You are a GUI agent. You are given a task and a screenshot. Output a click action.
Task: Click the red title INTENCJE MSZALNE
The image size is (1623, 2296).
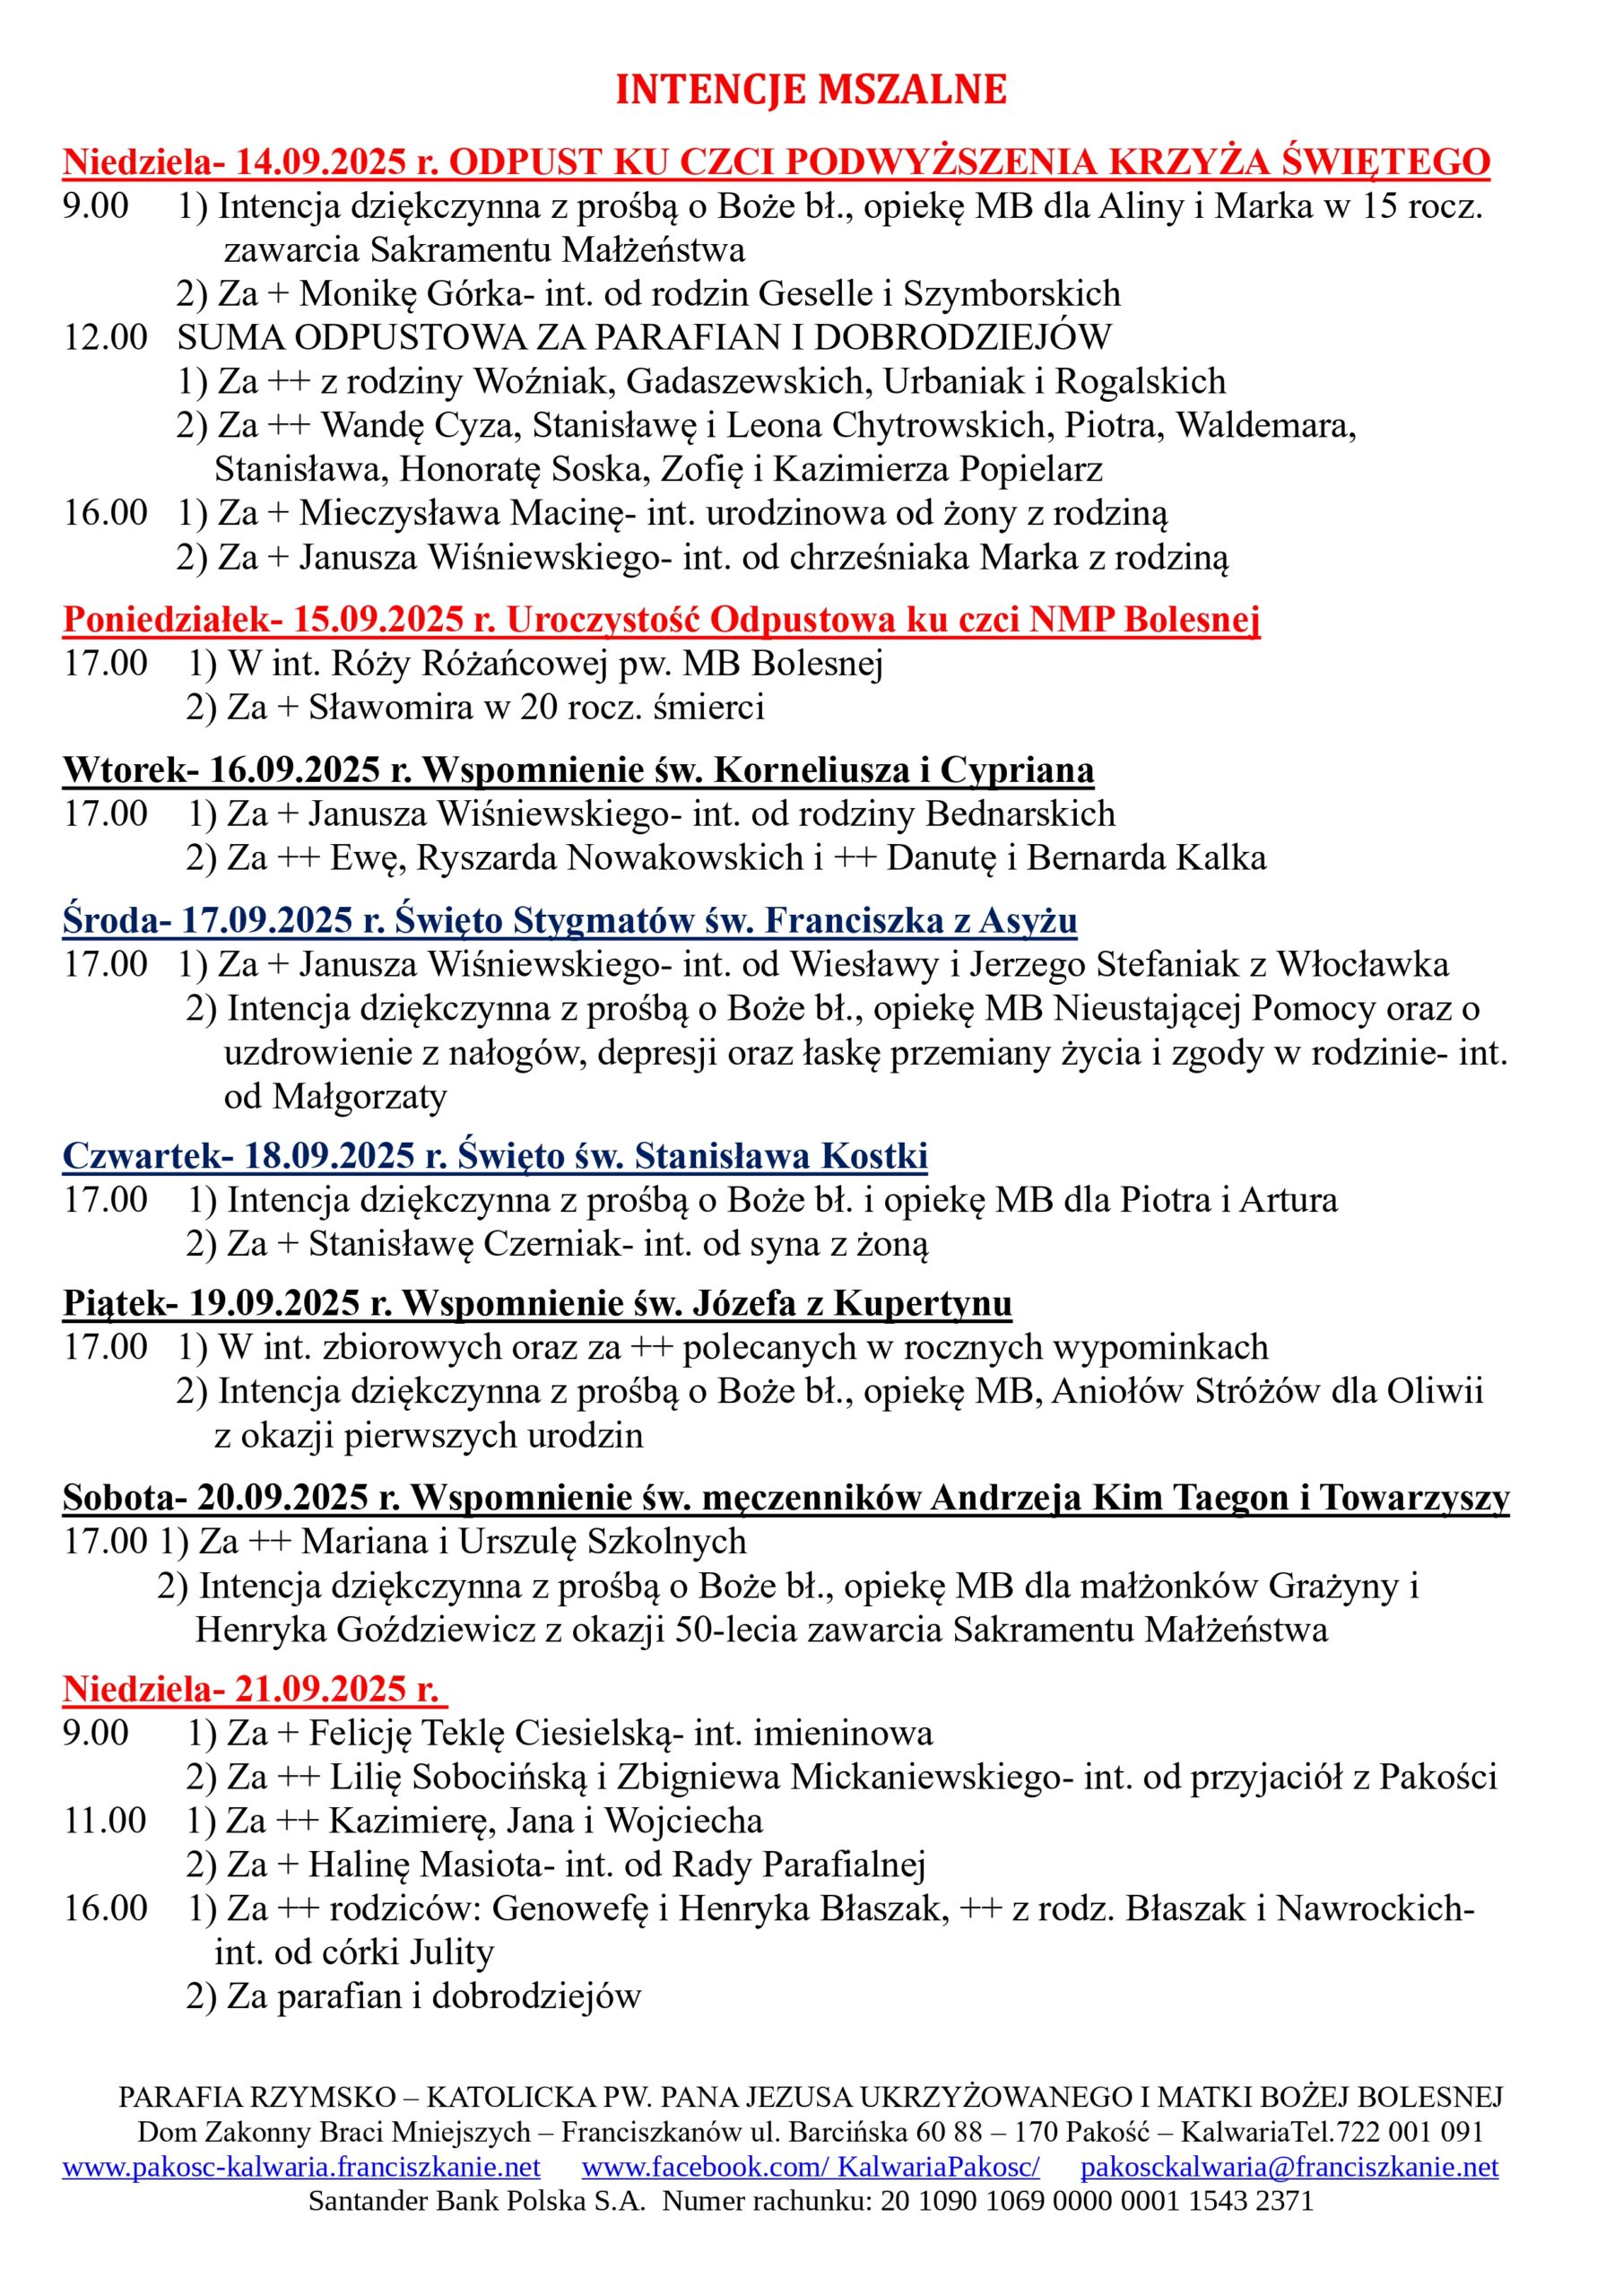(x=810, y=90)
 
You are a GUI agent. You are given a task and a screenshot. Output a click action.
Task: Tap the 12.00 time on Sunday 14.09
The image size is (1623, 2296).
(x=105, y=337)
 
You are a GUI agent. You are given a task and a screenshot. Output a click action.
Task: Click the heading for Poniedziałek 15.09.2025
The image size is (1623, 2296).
(x=660, y=619)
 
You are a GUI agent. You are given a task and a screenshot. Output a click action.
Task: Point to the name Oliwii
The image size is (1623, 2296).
(x=1435, y=1391)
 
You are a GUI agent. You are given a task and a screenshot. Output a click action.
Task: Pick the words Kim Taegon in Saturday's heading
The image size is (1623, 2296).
(x=1190, y=1498)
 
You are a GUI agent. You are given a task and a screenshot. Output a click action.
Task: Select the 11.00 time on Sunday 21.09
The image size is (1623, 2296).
(x=105, y=1820)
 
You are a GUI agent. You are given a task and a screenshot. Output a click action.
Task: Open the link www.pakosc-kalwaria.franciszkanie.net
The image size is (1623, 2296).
(x=301, y=2167)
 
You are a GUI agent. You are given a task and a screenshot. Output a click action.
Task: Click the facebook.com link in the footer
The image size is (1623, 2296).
(x=810, y=2167)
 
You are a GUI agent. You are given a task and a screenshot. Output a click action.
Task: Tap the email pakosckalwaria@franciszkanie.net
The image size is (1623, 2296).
(x=1289, y=2167)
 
